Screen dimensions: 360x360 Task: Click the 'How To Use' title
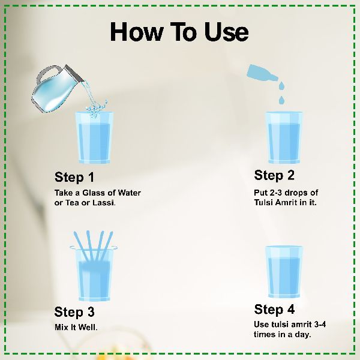tap(179, 32)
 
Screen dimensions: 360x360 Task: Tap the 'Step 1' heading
tap(74, 177)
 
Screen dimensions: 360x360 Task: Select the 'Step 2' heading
tap(274, 175)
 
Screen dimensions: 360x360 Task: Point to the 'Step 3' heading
tap(74, 312)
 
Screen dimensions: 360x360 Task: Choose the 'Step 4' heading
tap(274, 309)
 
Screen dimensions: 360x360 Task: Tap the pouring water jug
tap(58, 88)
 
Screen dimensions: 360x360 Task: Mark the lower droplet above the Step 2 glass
tap(282, 100)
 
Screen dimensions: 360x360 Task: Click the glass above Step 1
tap(94, 137)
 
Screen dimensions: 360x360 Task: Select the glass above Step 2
tap(284, 137)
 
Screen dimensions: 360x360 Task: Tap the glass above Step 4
tap(284, 272)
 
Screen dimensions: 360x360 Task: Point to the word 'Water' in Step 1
tap(129, 193)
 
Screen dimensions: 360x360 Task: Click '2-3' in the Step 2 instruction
tap(276, 193)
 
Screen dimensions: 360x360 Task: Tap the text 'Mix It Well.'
tap(76, 327)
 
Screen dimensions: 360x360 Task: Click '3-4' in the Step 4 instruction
tap(320, 325)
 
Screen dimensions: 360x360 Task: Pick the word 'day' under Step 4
tap(303, 335)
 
